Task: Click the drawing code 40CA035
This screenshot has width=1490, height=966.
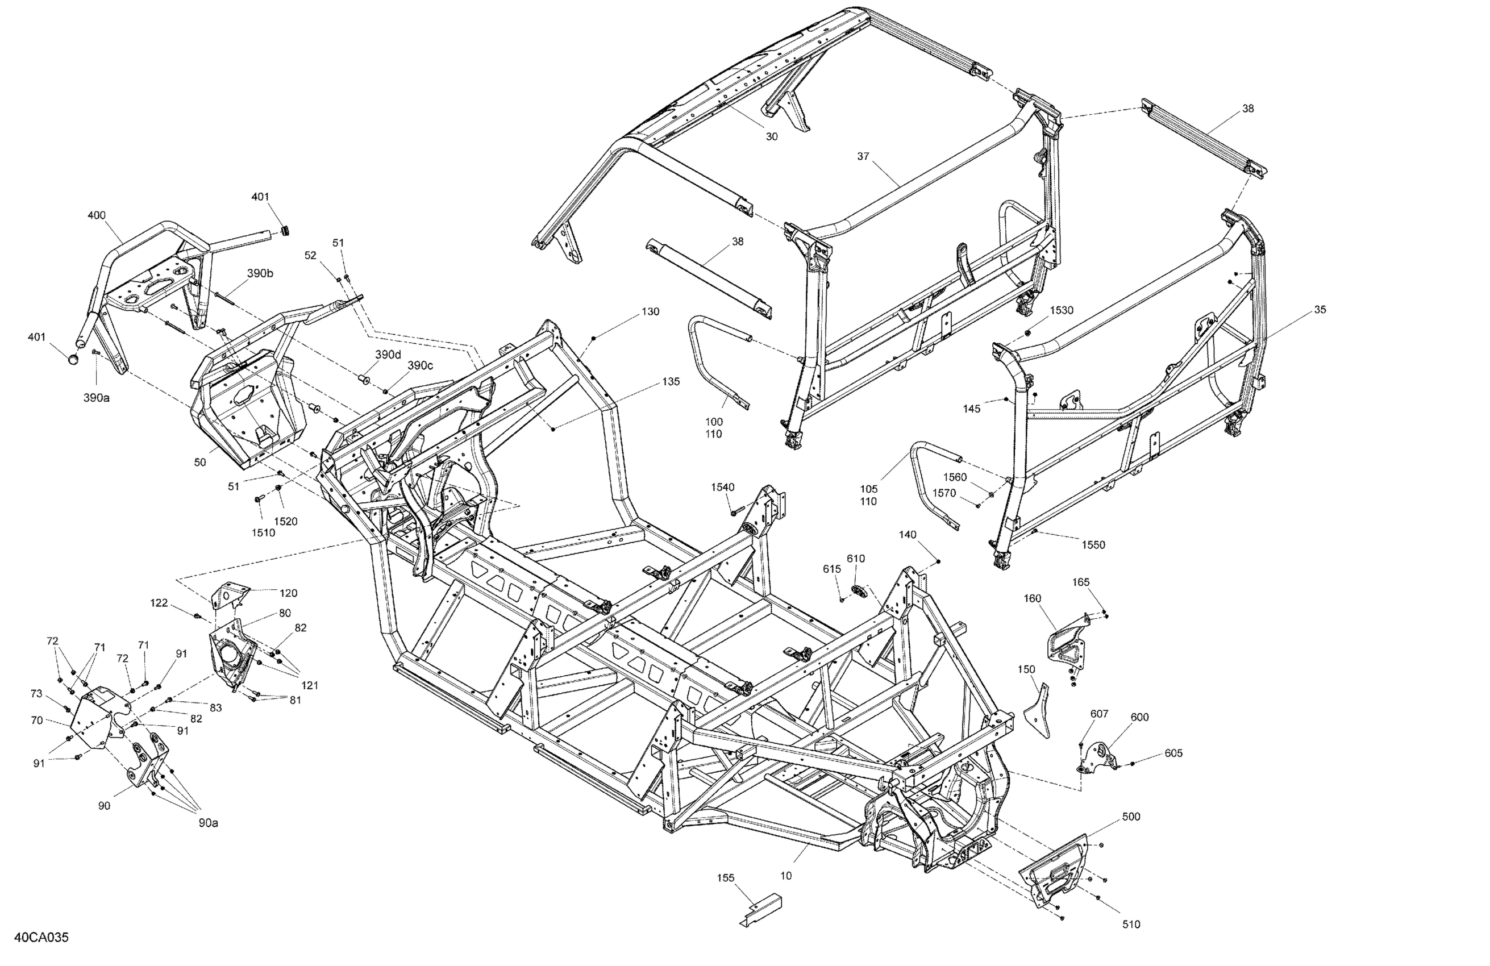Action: [x=41, y=937]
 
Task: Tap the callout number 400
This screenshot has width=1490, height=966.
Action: [x=97, y=215]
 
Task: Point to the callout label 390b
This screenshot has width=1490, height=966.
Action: [x=260, y=273]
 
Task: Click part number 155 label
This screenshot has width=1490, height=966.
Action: [x=726, y=878]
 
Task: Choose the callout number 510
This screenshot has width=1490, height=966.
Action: [x=1131, y=924]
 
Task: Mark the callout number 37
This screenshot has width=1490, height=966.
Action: [x=863, y=156]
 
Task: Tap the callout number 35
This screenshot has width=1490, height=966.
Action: [x=1320, y=309]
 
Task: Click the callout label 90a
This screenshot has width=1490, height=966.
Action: [x=209, y=823]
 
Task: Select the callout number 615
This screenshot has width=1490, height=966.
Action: [x=832, y=569]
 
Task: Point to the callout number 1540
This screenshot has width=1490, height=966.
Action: [x=722, y=487]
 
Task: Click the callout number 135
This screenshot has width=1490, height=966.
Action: [x=671, y=381]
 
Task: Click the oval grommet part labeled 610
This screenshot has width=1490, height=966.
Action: [x=859, y=589]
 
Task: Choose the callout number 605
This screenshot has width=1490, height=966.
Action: [x=1173, y=753]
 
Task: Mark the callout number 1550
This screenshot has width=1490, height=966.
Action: [x=1093, y=545]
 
